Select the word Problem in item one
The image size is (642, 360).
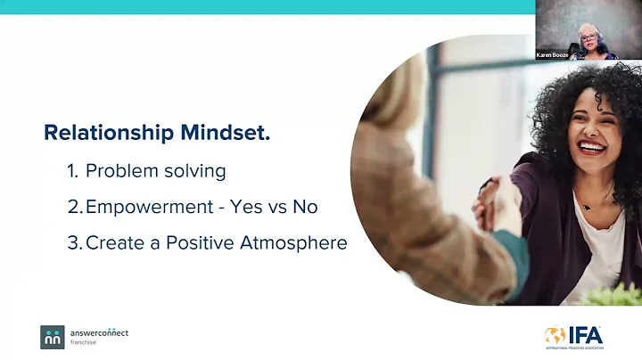[x=142, y=171]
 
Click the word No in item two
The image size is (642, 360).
[x=305, y=207]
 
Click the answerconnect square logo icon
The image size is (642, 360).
[x=53, y=337]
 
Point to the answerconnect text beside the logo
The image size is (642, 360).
[x=99, y=332]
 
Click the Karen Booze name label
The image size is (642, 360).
[x=553, y=55]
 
